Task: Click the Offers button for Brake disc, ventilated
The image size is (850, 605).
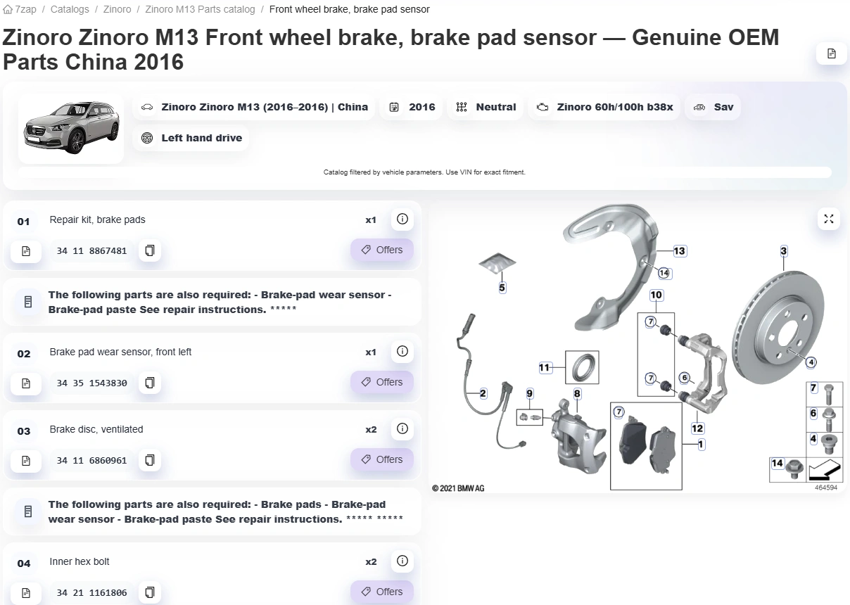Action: [x=382, y=459]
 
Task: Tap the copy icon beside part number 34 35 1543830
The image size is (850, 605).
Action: [x=150, y=383]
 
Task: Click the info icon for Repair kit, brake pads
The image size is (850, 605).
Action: [x=402, y=219]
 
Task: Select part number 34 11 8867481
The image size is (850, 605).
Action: [x=91, y=250]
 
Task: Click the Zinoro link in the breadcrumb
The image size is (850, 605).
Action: [x=117, y=9]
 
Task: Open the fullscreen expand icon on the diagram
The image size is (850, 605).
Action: [x=829, y=219]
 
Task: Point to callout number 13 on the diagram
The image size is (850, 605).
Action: [x=679, y=250]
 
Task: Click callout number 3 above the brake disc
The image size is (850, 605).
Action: [x=784, y=250]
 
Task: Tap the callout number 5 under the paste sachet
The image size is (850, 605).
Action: [x=502, y=288]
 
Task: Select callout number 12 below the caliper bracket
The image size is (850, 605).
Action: [x=697, y=428]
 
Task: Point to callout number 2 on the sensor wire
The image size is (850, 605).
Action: [x=483, y=393]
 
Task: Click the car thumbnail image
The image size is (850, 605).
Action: [x=71, y=128]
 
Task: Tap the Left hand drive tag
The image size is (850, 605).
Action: [x=191, y=138]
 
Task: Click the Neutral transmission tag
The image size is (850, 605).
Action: [x=486, y=107]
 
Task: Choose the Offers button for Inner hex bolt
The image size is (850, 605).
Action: [x=382, y=592]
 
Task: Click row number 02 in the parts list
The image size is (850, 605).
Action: [x=23, y=354]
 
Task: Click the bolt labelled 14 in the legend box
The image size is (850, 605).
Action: [x=794, y=469]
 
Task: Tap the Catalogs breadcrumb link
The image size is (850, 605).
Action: [x=70, y=9]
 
